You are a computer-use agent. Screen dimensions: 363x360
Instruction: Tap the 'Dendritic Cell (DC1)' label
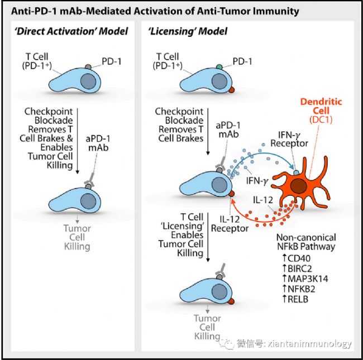pos(321,111)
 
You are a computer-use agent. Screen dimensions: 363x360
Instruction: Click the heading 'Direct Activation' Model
pos(71,31)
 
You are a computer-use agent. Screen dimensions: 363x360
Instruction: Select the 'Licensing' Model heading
pos(188,31)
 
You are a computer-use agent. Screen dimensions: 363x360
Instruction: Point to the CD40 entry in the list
pos(297,258)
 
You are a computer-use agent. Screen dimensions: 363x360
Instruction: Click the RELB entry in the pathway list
pos(295,299)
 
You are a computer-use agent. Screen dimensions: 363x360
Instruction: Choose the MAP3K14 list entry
pos(305,279)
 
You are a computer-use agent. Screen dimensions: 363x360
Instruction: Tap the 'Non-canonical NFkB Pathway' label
pos(306,242)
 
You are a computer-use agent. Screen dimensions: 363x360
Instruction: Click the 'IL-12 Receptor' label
pos(230,224)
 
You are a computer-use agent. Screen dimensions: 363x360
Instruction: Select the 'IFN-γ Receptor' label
pos(289,139)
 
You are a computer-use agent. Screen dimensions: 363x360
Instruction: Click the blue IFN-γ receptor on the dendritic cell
pos(297,172)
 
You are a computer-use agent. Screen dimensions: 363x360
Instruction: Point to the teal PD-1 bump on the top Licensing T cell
pos(219,67)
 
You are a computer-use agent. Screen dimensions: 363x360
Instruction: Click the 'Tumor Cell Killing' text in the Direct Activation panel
pos(77,237)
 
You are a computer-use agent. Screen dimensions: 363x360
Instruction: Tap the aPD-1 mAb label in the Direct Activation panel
pos(98,143)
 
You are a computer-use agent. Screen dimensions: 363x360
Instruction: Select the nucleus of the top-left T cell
pos(88,81)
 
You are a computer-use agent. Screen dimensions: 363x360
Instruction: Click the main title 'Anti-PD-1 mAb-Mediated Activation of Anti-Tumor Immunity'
pos(155,11)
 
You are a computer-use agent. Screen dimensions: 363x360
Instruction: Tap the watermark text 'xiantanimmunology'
pos(310,344)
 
